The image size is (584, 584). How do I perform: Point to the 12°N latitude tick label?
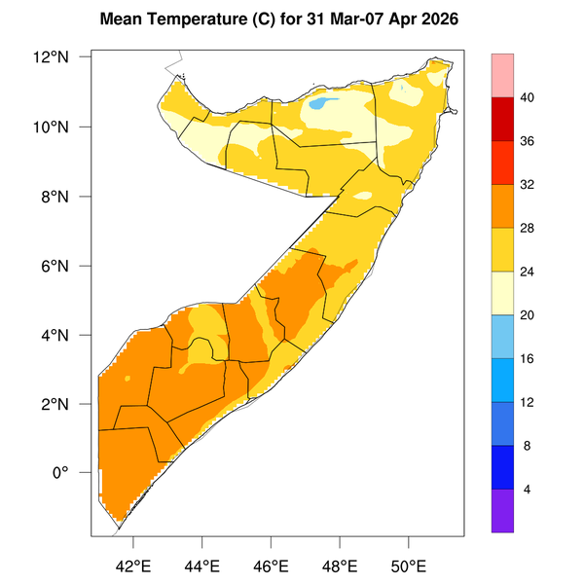tap(55, 57)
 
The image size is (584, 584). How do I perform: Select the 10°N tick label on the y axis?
tap(55, 127)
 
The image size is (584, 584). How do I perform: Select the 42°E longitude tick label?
tap(132, 566)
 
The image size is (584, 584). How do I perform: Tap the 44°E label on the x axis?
tap(201, 566)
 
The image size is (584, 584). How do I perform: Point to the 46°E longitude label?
tap(271, 566)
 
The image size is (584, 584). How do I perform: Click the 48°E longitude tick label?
tap(340, 566)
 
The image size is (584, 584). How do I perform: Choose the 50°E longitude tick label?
tap(409, 566)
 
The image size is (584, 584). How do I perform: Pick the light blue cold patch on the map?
tap(319, 103)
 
